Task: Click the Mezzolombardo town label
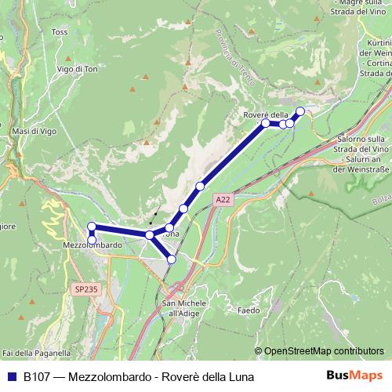93,245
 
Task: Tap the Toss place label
60,32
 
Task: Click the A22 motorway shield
223,201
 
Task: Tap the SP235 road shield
86,289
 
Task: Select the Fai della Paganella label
35,354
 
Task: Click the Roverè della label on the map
266,116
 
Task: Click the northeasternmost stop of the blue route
299,111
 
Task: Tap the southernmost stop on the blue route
172,259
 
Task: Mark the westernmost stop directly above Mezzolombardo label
92,227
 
